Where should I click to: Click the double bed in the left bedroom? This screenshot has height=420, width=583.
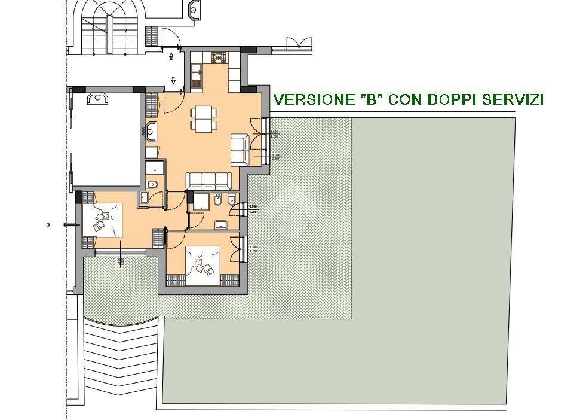105,220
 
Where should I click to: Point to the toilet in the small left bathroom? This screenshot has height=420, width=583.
154,184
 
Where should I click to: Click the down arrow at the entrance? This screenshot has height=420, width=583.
173,80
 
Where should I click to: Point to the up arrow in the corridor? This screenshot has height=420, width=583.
172,57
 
